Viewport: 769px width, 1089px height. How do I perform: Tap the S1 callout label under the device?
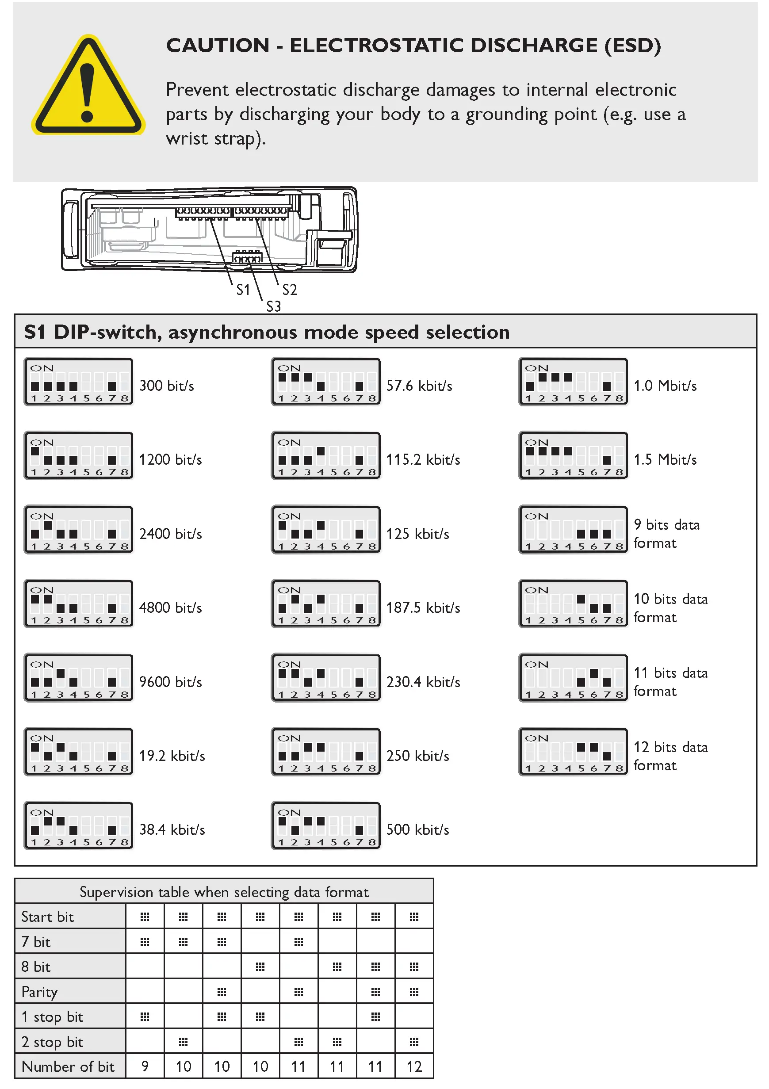coord(243,289)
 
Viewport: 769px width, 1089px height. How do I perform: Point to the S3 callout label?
coord(273,306)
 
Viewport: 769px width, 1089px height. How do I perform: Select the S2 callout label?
coord(289,289)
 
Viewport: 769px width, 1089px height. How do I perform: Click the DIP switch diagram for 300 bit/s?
coord(79,382)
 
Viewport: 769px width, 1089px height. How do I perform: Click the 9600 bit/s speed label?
coord(170,682)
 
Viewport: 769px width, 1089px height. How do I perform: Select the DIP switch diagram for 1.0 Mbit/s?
coord(574,382)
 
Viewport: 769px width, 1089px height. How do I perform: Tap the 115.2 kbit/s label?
coord(423,459)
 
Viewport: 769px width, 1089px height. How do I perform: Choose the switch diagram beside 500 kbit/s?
coord(326,826)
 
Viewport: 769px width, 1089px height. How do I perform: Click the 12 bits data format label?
coord(670,756)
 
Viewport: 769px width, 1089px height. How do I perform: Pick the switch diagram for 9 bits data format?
coord(574,530)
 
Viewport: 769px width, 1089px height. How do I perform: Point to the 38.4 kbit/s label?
coord(172,829)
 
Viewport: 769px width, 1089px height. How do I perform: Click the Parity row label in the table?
coord(40,992)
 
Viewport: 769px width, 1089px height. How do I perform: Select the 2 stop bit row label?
coord(52,1042)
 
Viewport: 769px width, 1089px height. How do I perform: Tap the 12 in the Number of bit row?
coord(413,1067)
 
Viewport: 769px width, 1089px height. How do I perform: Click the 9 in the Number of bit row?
coord(145,1067)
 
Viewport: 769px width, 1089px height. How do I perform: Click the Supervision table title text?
coord(224,892)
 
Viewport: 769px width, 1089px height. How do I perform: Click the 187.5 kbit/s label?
coord(423,608)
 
